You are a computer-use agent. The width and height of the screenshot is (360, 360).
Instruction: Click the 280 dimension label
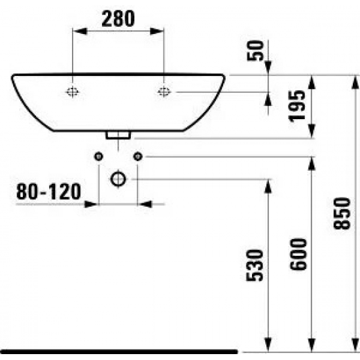117,20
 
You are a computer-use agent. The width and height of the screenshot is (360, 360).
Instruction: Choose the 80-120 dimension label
49,191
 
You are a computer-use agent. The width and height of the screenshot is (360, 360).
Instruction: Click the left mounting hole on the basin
72,92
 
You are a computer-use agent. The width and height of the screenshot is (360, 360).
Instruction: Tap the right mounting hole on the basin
163,92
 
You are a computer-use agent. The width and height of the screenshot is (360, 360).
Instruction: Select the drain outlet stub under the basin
118,134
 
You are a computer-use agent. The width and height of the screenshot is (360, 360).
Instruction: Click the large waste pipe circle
118,178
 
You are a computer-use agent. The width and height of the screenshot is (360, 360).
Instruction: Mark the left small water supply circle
98,156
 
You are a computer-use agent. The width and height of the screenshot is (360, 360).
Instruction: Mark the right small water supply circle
137,156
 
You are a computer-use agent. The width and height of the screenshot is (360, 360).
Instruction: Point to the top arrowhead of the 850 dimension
353,79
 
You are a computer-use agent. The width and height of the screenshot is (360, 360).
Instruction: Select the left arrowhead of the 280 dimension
77,30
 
